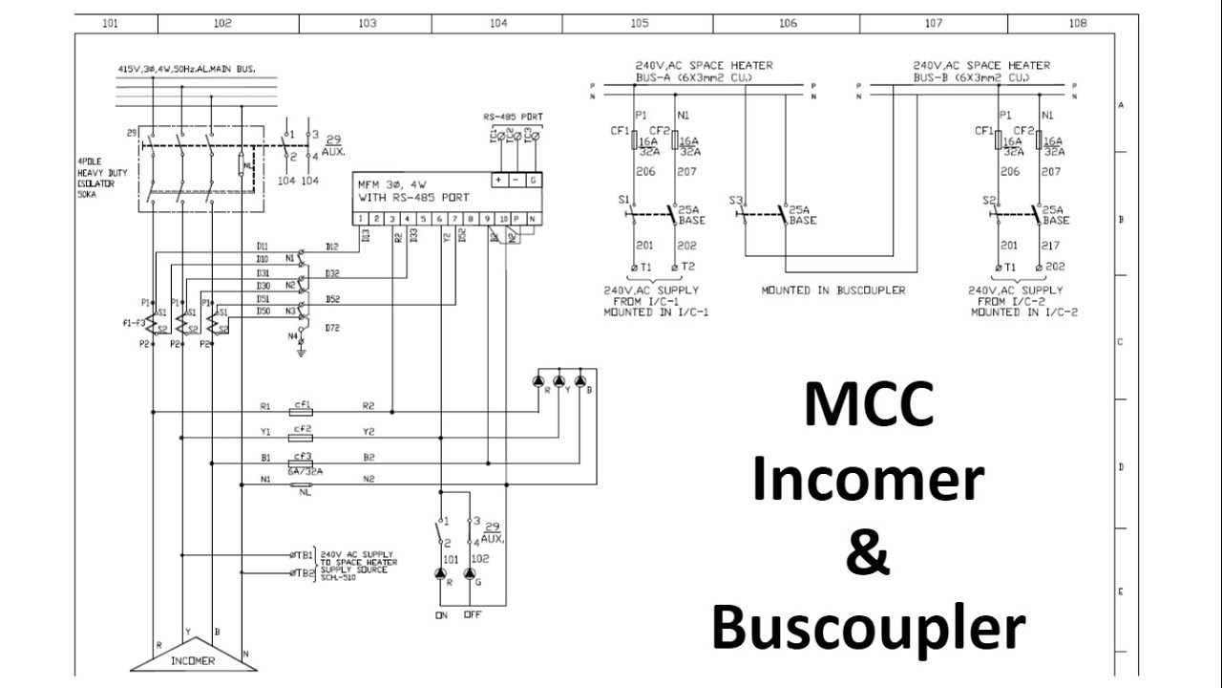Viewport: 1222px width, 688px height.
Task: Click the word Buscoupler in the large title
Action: click(868, 629)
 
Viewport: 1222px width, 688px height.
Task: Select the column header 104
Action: click(497, 23)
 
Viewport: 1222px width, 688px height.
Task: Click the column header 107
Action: click(933, 23)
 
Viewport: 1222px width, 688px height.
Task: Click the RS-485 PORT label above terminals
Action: click(513, 117)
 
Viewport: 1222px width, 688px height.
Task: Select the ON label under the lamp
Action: click(441, 614)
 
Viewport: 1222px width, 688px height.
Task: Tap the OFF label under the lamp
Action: click(473, 614)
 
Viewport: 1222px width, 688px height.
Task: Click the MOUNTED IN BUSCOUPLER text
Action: click(832, 290)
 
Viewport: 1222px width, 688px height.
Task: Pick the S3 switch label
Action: click(735, 201)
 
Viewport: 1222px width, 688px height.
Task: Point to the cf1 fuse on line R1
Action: click(303, 404)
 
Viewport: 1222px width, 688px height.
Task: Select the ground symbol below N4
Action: click(302, 353)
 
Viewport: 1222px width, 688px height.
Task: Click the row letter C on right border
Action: click(1119, 341)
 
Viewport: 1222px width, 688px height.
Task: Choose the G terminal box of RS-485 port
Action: click(532, 181)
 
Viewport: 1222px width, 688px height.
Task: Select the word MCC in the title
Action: click(868, 403)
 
